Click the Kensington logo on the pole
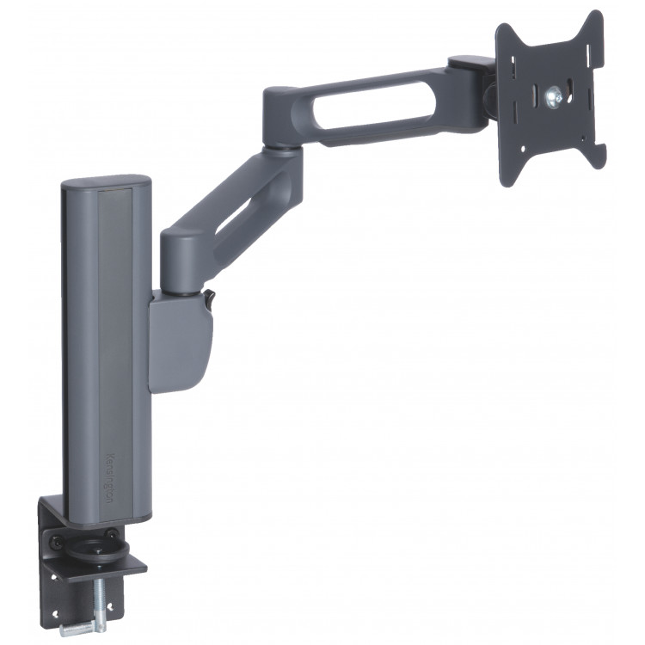point(109,478)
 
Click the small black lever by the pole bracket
point(209,298)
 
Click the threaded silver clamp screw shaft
point(100,598)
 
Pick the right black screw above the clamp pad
point(111,533)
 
